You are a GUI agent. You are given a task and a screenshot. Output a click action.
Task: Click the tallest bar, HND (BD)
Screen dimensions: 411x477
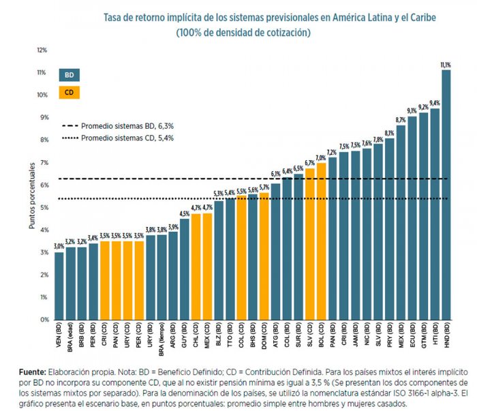click(446, 194)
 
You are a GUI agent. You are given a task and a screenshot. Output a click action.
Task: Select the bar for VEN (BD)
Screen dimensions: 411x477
click(59, 286)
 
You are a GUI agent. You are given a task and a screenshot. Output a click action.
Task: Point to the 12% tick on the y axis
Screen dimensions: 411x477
click(42, 50)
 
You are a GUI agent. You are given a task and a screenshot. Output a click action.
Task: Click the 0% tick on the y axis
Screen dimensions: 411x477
click(43, 320)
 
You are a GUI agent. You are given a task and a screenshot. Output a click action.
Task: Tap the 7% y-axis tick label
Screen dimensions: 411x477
click(43, 162)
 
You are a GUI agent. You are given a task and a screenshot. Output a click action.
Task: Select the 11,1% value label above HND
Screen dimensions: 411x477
click(446, 65)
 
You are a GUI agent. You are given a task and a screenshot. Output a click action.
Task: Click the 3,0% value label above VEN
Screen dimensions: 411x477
click(59, 247)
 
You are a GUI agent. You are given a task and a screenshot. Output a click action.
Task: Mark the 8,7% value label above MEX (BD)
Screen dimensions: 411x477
click(401, 120)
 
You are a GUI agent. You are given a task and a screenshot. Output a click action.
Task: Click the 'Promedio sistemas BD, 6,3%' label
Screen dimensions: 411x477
click(126, 126)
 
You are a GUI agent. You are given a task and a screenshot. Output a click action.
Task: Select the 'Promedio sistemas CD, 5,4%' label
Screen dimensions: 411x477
click(126, 138)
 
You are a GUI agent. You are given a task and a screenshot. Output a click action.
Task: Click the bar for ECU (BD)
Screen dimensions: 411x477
click(412, 218)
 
